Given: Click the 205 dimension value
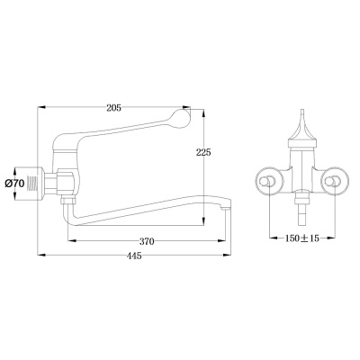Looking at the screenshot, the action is [113, 108].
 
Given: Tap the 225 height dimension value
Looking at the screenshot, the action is [203, 152].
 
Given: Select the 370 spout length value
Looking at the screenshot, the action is [147, 241].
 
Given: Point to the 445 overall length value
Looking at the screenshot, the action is [134, 256].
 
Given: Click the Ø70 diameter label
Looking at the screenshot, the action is [14, 184].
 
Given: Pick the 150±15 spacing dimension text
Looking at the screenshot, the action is [301, 238].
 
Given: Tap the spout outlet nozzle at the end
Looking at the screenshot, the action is [225, 206].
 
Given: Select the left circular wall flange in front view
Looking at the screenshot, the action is [269, 181].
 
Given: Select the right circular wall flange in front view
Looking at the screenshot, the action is [335, 181].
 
